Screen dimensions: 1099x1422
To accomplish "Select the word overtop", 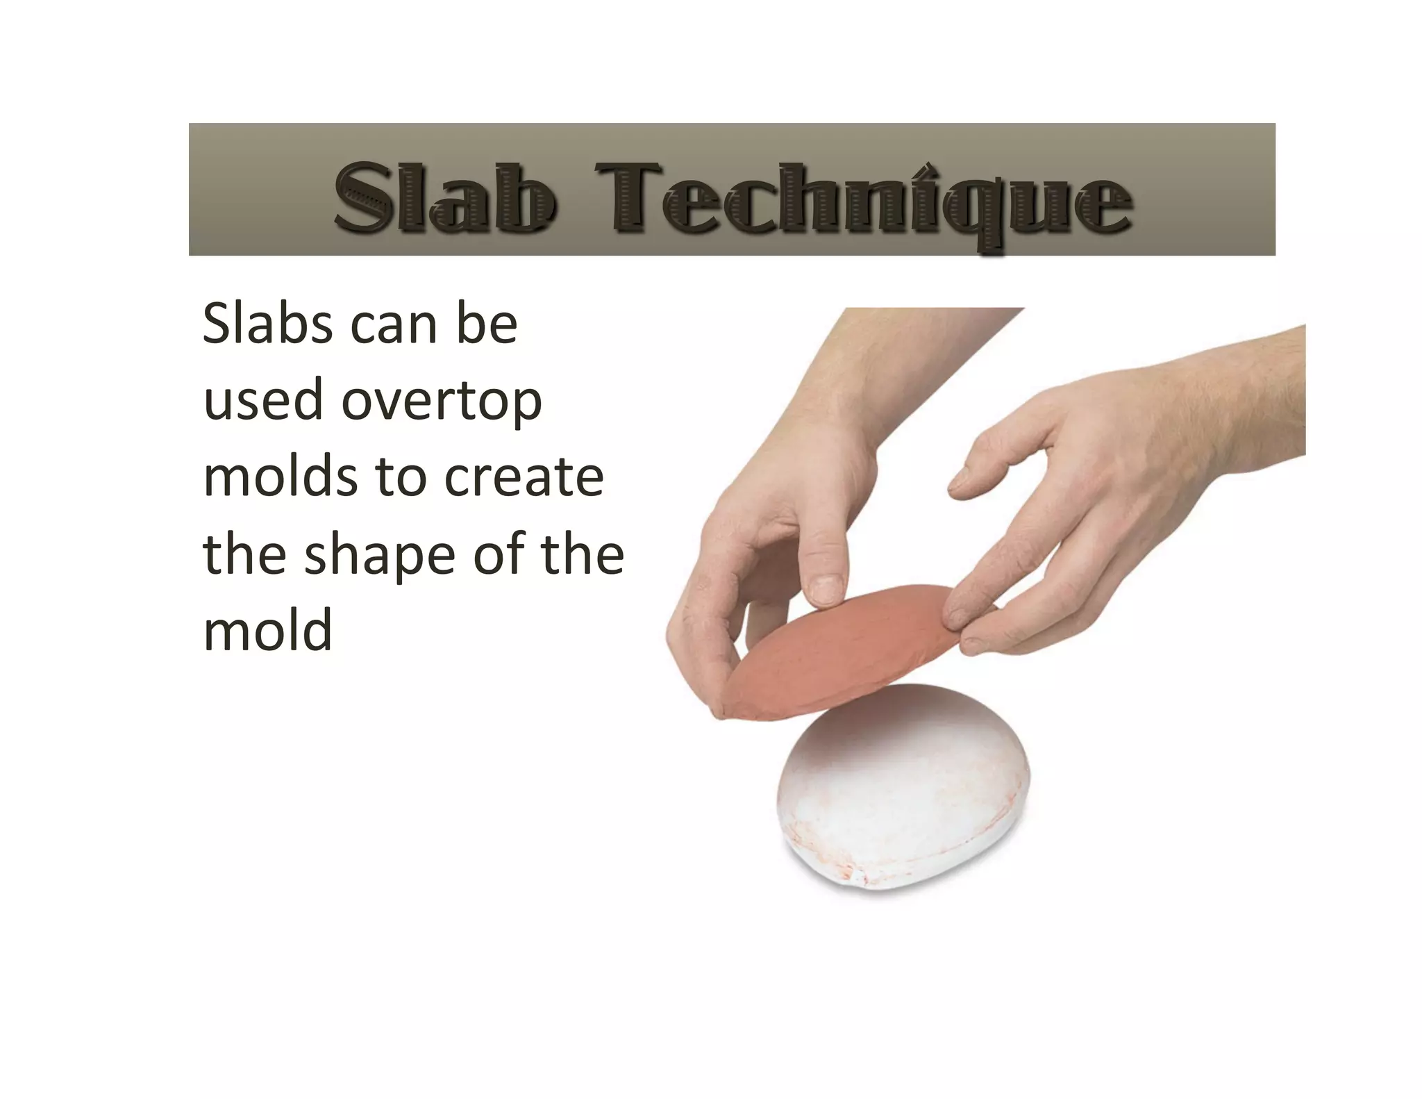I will click(x=441, y=402).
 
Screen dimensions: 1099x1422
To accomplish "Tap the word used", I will click(x=262, y=401).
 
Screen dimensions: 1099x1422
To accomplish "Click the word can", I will click(x=393, y=325).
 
